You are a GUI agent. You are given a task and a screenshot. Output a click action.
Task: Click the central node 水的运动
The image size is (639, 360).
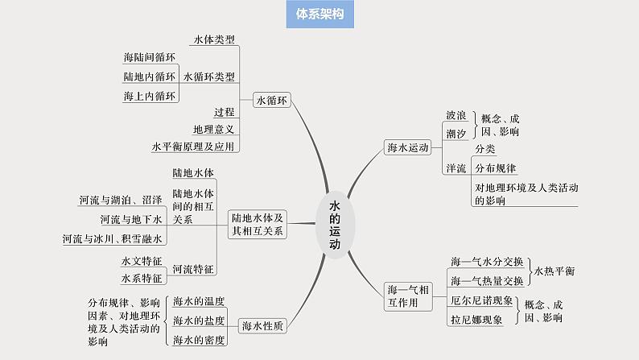pyautogui.click(x=335, y=225)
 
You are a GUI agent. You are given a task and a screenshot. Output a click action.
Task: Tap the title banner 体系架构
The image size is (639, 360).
pyautogui.click(x=319, y=15)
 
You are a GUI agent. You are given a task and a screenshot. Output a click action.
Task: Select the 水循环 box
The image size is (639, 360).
pyautogui.click(x=271, y=100)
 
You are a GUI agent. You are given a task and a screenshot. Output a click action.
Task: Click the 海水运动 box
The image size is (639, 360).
pyautogui.click(x=409, y=147)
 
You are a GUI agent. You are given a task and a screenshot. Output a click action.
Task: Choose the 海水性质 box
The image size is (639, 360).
pyautogui.click(x=262, y=325)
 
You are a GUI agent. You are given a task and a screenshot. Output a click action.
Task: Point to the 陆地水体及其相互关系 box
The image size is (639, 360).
pyautogui.click(x=257, y=224)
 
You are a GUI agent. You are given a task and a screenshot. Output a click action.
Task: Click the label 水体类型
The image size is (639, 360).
pyautogui.click(x=215, y=39)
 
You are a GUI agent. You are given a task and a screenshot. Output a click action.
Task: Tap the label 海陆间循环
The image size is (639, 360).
pyautogui.click(x=150, y=58)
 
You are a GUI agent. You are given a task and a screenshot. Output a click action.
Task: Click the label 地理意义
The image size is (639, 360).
pyautogui.click(x=213, y=129)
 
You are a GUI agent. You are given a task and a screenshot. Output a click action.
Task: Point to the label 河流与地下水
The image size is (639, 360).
pyautogui.click(x=131, y=218)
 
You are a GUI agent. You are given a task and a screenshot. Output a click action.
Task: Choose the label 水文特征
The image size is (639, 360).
pyautogui.click(x=141, y=261)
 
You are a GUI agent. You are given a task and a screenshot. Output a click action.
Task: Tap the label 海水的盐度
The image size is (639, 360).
pyautogui.click(x=199, y=320)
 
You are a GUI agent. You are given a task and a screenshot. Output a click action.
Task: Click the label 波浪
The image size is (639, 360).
pyautogui.click(x=456, y=115)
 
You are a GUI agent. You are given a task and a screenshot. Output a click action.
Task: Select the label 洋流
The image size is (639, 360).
pyautogui.click(x=456, y=168)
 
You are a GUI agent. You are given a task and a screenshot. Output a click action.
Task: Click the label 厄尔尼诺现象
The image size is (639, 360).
pyautogui.click(x=481, y=300)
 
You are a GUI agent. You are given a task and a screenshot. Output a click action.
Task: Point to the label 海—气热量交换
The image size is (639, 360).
pyautogui.click(x=487, y=280)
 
